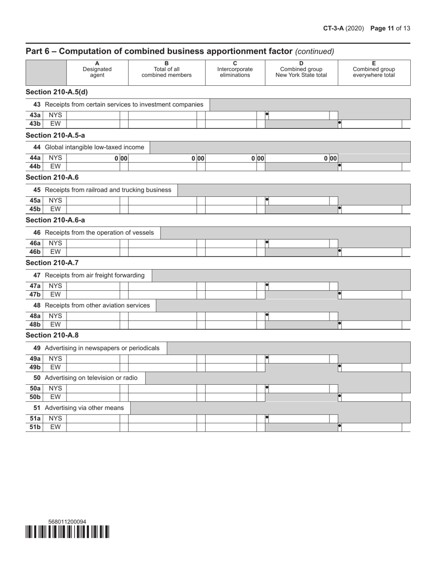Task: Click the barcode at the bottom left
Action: tap(67, 531)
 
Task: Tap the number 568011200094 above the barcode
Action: tap(67, 521)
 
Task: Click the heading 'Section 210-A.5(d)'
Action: tap(56, 92)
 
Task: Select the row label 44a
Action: tap(35, 158)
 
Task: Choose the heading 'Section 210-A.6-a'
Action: tap(55, 220)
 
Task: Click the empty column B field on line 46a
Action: tap(162, 243)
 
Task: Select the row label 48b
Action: tap(35, 325)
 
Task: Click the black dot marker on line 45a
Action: tap(267, 200)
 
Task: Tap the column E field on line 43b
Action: tap(371, 124)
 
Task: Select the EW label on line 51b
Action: tap(55, 427)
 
